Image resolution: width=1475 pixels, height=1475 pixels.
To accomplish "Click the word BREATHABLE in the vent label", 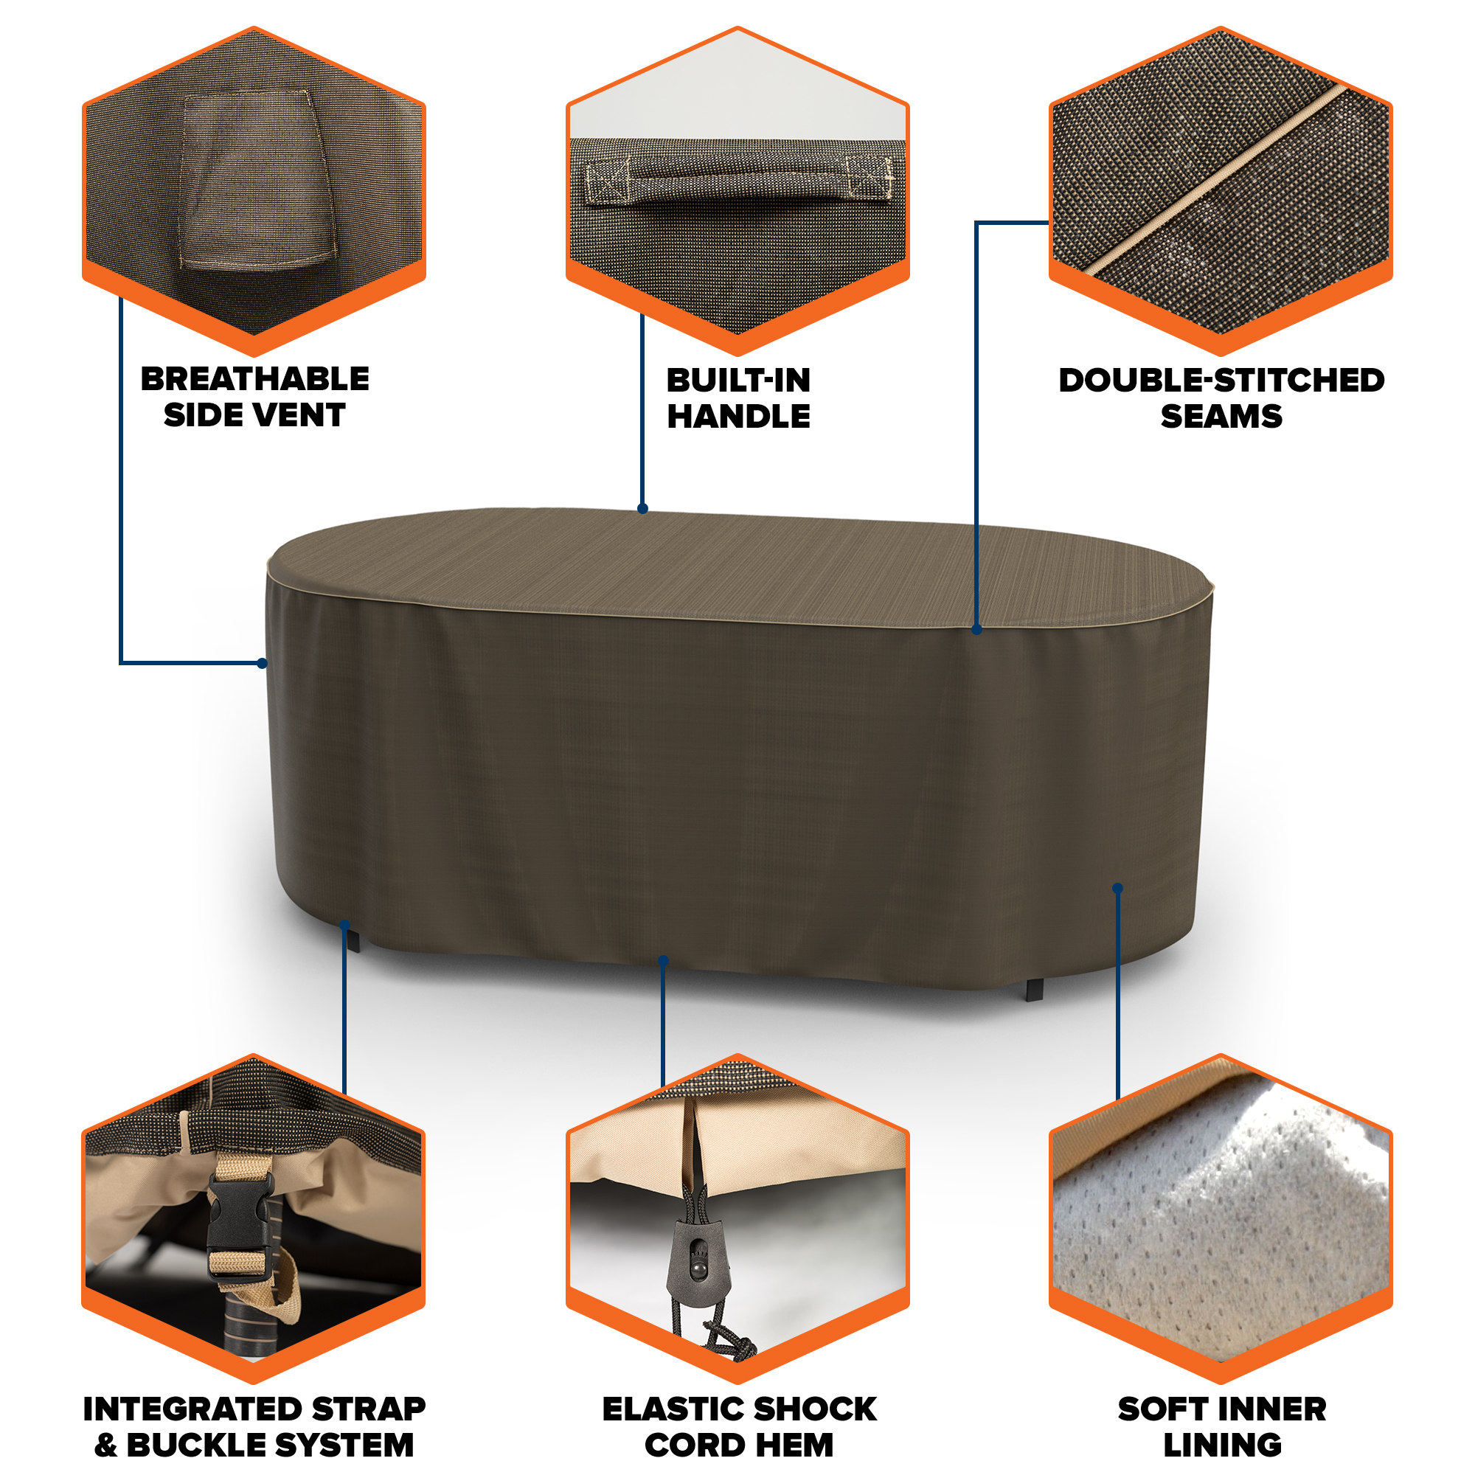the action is [254, 378].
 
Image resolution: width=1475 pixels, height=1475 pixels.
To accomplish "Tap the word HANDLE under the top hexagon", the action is [738, 416].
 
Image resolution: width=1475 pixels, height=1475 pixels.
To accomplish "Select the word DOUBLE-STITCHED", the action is [1221, 381].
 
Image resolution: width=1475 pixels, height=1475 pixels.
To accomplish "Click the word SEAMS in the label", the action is [1221, 416].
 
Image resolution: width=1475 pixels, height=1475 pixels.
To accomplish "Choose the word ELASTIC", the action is [673, 1409].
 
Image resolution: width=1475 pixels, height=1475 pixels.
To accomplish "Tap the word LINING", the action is [1221, 1445].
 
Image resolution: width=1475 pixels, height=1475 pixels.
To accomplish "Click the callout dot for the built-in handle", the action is [643, 508].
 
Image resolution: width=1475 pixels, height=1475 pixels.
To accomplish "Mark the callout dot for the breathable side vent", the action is [263, 664].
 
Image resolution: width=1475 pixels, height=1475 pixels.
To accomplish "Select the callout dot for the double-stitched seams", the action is [976, 630].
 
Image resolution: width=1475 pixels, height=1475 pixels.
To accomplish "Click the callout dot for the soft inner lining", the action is [1118, 888].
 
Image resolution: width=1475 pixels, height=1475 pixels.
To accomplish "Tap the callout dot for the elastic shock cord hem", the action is [663, 960].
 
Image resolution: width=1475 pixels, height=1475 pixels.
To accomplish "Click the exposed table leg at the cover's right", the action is [1035, 990].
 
